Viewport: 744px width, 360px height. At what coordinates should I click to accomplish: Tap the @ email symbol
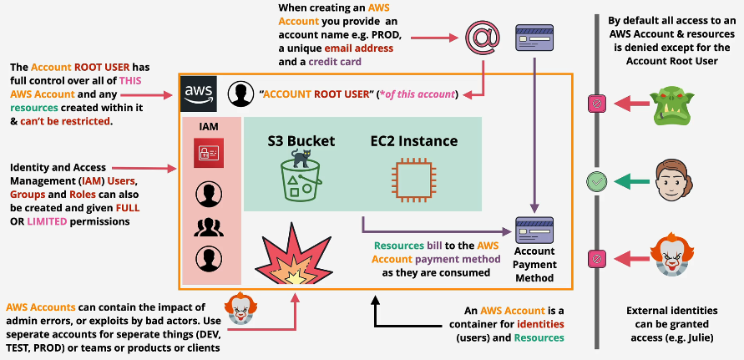point(482,38)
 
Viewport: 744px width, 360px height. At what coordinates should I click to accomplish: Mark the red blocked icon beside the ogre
point(596,104)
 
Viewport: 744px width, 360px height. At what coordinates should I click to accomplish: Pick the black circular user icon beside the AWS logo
point(240,92)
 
